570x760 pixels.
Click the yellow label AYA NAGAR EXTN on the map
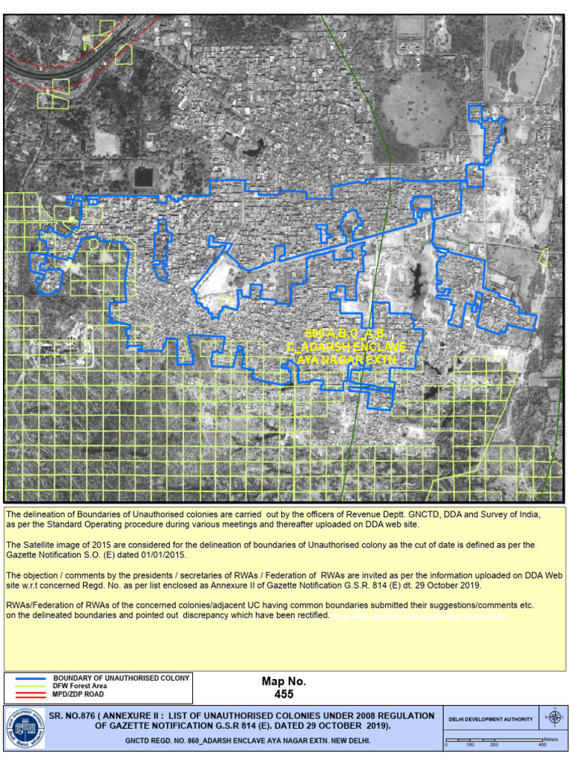coord(346,359)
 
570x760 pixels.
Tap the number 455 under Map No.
coord(284,695)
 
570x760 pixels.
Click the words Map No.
coord(284,681)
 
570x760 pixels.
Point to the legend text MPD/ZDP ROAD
coord(79,695)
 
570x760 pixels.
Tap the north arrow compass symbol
coord(553,717)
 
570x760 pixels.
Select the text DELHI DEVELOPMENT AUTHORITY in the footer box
coord(491,719)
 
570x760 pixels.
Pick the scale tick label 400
coord(543,744)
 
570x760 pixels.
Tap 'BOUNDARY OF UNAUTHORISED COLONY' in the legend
coord(122,678)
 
